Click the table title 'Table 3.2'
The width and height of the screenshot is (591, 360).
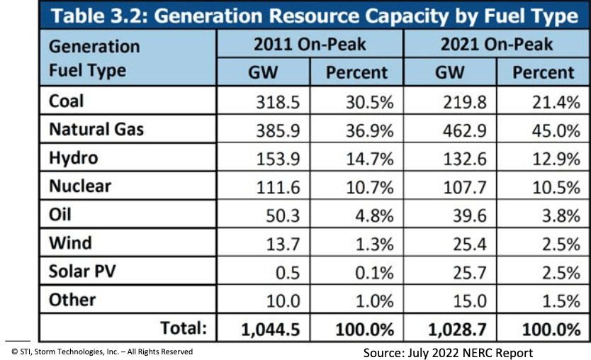[312, 16]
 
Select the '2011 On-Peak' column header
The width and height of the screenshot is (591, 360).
[310, 45]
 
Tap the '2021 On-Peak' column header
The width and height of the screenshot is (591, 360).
[496, 45]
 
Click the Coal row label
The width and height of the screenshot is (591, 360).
[66, 101]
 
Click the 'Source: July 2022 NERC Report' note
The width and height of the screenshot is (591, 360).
[448, 352]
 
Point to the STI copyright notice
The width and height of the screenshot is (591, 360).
[101, 351]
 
